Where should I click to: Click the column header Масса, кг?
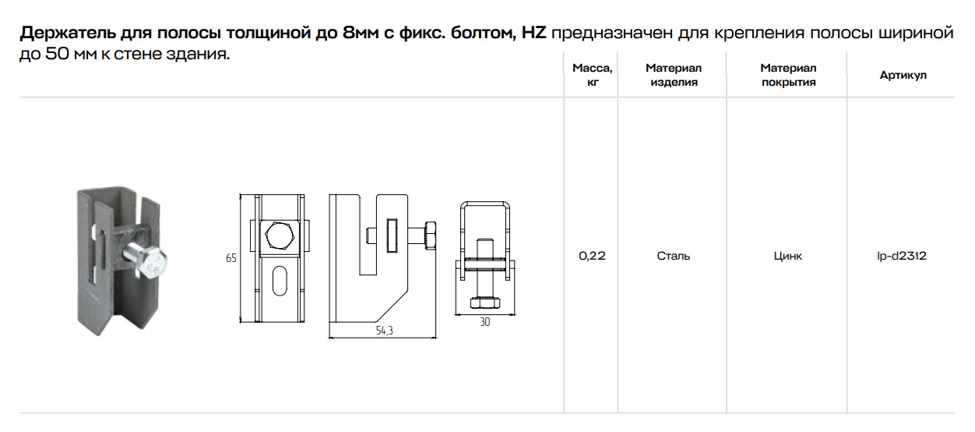pos(591,75)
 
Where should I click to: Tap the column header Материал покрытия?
pos(788,75)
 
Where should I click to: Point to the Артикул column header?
pos(903,75)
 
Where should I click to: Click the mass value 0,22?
pos(592,256)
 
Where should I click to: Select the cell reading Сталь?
pos(673,256)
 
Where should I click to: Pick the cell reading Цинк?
pos(788,256)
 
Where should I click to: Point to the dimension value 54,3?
pos(384,331)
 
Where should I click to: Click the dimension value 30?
pos(485,322)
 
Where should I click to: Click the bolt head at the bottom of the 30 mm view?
pos(484,302)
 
